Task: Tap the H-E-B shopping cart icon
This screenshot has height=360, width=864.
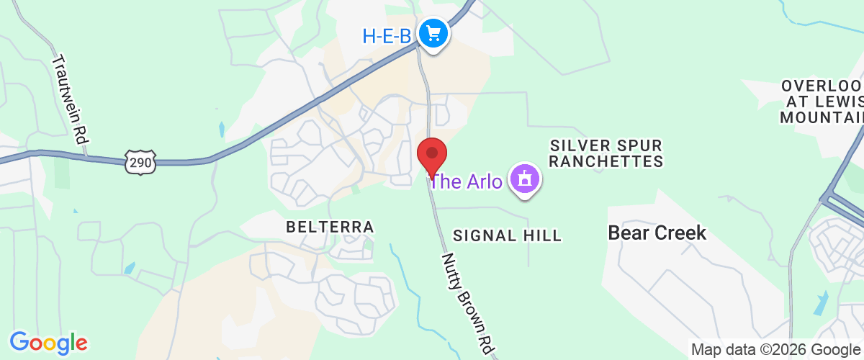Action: (x=433, y=33)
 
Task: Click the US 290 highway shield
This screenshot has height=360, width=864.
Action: (x=140, y=163)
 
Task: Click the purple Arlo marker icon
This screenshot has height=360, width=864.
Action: (x=525, y=179)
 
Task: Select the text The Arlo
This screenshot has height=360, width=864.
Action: (x=467, y=181)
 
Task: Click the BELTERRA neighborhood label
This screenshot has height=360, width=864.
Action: (x=330, y=228)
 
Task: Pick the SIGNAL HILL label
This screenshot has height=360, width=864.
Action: (x=507, y=235)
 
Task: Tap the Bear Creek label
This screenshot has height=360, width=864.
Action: (x=657, y=233)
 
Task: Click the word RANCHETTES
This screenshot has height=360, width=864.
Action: (x=606, y=162)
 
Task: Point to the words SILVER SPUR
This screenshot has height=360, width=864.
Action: (x=606, y=145)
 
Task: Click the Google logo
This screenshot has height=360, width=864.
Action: (x=48, y=341)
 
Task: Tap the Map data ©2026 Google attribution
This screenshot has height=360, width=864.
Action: (x=776, y=350)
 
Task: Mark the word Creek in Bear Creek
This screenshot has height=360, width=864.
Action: (x=681, y=233)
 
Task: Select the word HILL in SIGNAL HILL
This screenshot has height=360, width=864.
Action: (x=541, y=235)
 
